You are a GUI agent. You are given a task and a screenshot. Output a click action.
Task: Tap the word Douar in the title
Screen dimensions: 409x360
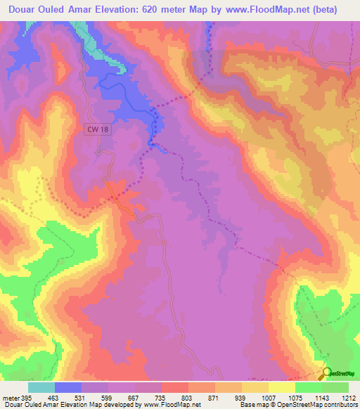click(21, 10)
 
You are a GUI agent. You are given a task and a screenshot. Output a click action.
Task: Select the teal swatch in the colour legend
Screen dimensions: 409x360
click(41, 387)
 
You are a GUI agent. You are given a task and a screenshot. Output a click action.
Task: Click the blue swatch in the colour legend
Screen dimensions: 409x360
click(68, 387)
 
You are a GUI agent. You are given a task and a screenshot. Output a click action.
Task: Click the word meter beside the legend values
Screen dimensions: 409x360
click(11, 398)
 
